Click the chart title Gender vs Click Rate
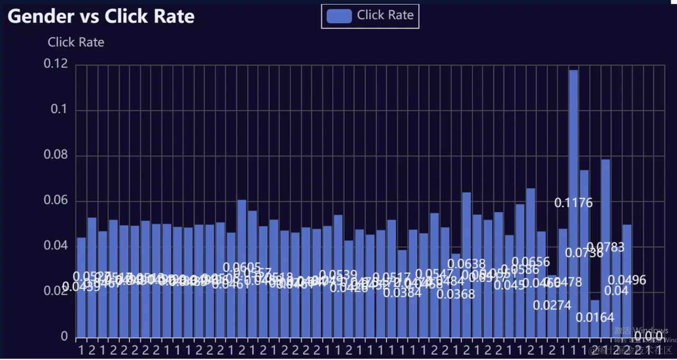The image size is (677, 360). (101, 16)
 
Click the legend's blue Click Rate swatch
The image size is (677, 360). (339, 16)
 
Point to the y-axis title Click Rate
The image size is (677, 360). (76, 42)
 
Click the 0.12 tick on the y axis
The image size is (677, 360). (57, 64)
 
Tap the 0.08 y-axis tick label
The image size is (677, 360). (57, 155)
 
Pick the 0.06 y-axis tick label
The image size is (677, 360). (57, 200)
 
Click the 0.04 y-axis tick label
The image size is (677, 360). (57, 246)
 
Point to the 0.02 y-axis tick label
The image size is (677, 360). (57, 291)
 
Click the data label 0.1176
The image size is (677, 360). (573, 202)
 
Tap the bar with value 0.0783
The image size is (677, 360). (606, 201)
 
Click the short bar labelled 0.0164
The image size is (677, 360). (595, 322)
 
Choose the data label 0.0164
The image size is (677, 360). (595, 317)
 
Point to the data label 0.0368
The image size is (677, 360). (456, 294)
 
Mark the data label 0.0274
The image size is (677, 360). (552, 305)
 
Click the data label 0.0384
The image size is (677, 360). (402, 293)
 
